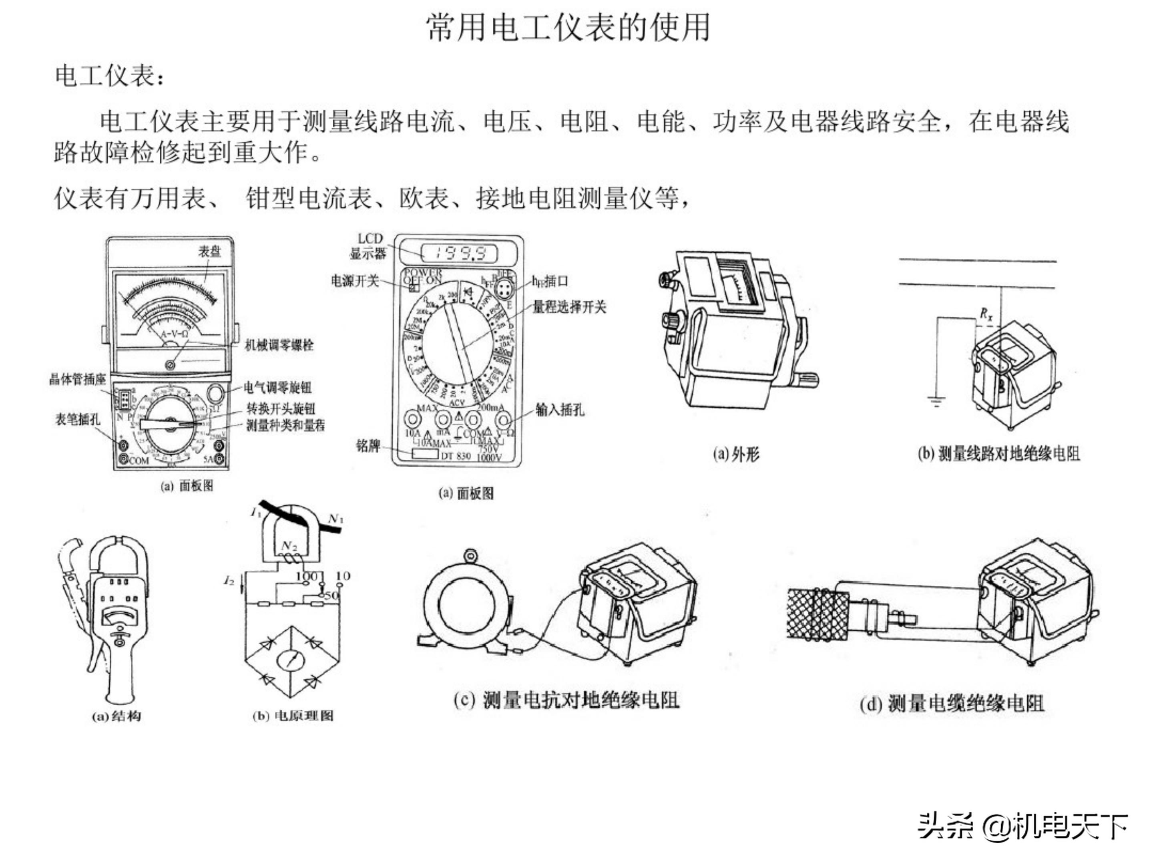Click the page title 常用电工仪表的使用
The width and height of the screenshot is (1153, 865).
tap(568, 27)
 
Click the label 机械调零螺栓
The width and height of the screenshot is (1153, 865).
tap(279, 345)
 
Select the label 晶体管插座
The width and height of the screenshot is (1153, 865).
tap(77, 380)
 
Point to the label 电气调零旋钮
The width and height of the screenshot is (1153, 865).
tap(277, 387)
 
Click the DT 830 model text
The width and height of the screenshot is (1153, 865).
tap(456, 456)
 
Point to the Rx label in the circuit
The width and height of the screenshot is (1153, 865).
tap(986, 314)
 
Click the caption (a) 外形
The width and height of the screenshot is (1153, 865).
tap(736, 455)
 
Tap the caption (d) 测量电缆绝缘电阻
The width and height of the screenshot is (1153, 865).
tap(952, 704)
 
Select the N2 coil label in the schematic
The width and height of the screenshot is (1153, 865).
tap(288, 545)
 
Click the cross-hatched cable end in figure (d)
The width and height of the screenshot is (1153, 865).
tap(816, 615)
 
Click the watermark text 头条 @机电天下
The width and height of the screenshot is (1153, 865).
tap(1022, 827)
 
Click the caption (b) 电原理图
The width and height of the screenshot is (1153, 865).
tap(292, 716)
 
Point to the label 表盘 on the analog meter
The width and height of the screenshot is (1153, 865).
tap(209, 251)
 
